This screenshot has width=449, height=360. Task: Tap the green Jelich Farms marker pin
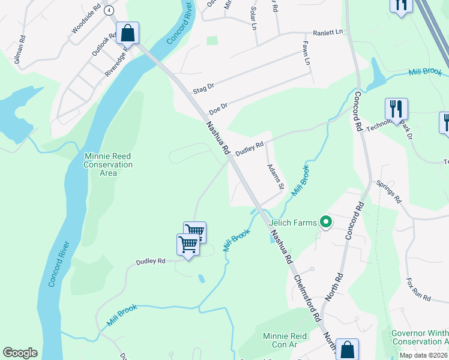point(326,223)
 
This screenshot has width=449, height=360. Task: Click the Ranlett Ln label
point(327,32)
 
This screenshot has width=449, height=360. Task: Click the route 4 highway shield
point(109,11)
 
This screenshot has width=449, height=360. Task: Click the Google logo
point(20,353)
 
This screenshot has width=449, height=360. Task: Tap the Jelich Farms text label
point(292,223)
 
